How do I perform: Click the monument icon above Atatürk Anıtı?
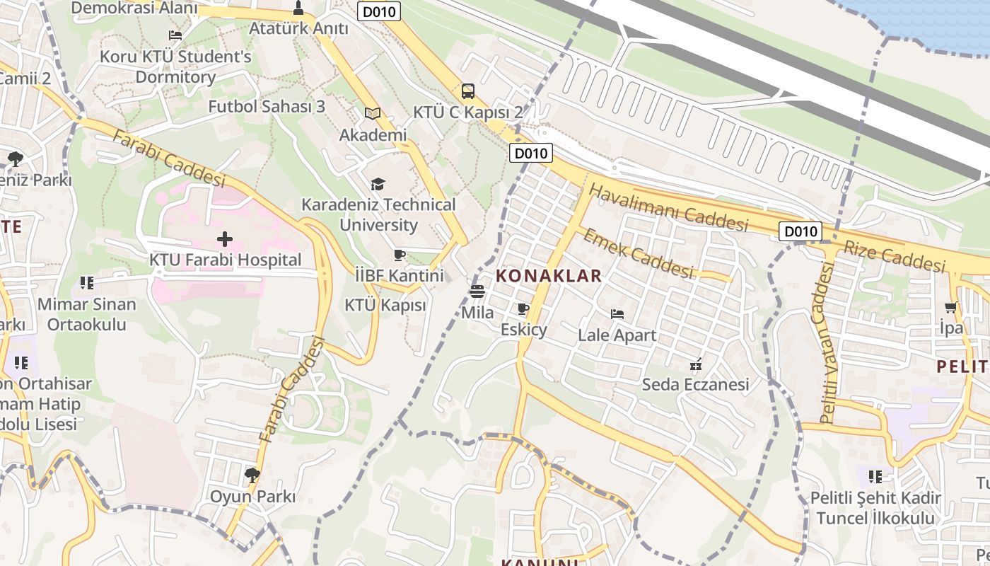(x=298, y=8)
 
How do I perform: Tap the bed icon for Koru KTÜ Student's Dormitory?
(x=175, y=35)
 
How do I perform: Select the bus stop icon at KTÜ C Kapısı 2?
(x=468, y=91)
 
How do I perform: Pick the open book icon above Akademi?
(x=373, y=113)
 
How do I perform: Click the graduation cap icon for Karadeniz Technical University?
(x=378, y=184)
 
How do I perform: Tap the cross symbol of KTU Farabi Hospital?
(x=225, y=239)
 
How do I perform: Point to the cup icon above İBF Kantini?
(x=400, y=255)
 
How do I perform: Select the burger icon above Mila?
(x=477, y=291)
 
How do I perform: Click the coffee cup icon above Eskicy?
(x=523, y=308)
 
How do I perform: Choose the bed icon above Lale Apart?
(x=617, y=314)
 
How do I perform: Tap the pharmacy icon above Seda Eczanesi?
(x=696, y=364)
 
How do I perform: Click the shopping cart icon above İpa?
(x=950, y=307)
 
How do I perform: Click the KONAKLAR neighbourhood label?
(x=549, y=276)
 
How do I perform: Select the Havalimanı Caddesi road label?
(x=668, y=208)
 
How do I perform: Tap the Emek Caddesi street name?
(x=636, y=253)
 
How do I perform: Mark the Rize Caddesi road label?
(x=895, y=256)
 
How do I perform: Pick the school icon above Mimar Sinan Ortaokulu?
(x=87, y=284)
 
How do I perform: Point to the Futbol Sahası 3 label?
(x=267, y=107)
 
